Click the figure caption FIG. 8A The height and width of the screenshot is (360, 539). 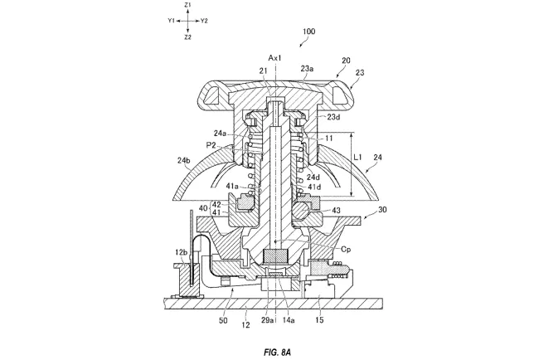click(278, 352)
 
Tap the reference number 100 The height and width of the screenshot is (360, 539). click(308, 32)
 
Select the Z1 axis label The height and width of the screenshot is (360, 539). click(187, 5)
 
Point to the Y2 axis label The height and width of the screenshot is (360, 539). click(204, 21)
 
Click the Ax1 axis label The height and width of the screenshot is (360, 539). click(274, 58)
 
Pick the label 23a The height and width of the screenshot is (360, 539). click(307, 69)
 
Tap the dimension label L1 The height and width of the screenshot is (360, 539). click(358, 157)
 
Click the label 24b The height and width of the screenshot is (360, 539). click(184, 160)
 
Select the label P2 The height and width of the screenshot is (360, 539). click(211, 145)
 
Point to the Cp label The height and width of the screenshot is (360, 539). click(346, 250)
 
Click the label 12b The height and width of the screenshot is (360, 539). click(182, 253)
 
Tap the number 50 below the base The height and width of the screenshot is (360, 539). click(223, 321)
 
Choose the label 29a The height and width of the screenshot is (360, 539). click(267, 320)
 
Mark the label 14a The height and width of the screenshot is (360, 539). click(289, 320)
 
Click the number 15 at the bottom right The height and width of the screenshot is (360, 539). click(319, 320)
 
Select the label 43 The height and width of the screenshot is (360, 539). click(336, 210)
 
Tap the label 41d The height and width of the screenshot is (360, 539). click(314, 187)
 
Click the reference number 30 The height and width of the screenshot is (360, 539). click(382, 209)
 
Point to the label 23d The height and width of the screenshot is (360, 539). click(333, 117)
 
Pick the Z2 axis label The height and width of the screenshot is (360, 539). click(187, 37)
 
